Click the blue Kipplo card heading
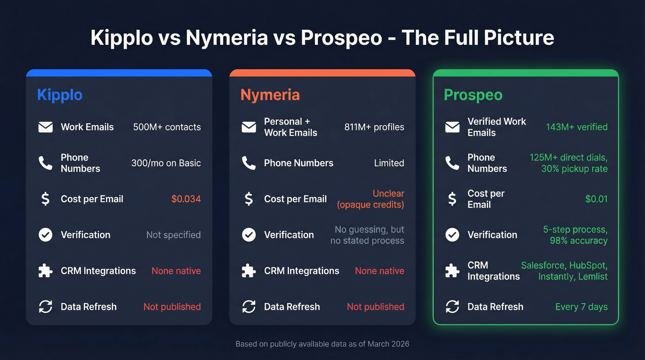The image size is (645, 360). [x=60, y=95]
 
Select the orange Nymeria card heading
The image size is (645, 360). [x=270, y=95]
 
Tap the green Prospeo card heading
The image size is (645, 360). [x=473, y=95]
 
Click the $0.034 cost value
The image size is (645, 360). [x=186, y=199]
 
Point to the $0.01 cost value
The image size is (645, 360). [x=596, y=199]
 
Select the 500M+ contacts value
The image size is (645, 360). [x=167, y=127]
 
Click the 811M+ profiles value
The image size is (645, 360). [x=374, y=127]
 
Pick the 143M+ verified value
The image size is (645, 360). [x=577, y=127]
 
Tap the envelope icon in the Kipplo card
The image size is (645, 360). [x=46, y=127]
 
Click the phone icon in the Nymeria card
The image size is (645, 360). [x=249, y=163]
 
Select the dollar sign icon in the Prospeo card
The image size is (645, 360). [x=452, y=199]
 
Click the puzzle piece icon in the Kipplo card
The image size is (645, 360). [x=46, y=271]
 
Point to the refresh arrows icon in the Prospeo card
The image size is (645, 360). [x=452, y=307]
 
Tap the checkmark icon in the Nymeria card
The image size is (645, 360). [x=249, y=235]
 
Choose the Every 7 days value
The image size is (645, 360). [x=581, y=307]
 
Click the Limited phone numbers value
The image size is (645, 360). [x=389, y=163]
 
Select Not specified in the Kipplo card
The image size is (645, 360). [x=173, y=235]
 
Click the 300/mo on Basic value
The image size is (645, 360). [x=166, y=163]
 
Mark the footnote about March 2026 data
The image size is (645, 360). [x=322, y=344]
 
